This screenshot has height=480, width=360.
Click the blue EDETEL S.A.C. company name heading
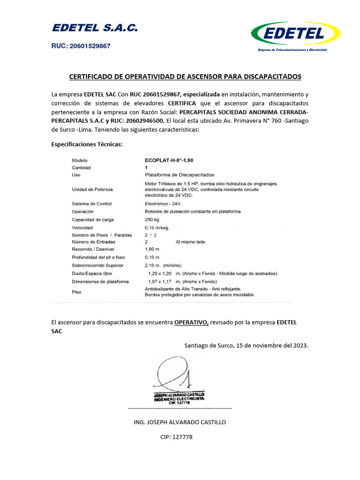tap(95, 28)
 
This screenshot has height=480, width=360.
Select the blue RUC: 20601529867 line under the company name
tap(81, 46)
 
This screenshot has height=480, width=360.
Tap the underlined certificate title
tap(185, 76)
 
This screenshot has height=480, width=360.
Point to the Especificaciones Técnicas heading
tap(87, 144)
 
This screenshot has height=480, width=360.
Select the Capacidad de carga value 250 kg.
tap(152, 219)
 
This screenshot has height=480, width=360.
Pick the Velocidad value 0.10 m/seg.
tap(157, 227)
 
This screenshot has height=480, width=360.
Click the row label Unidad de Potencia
tap(92, 189)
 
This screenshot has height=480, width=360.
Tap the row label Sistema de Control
tap(92, 204)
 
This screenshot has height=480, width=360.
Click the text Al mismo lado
tap(190, 242)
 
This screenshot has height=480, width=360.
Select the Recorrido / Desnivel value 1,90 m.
tap(153, 249)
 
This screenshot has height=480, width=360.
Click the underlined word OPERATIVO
tap(191, 322)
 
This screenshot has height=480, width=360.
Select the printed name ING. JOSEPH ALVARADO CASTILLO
tap(180, 422)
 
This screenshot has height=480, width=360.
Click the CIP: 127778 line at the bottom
tap(176, 437)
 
